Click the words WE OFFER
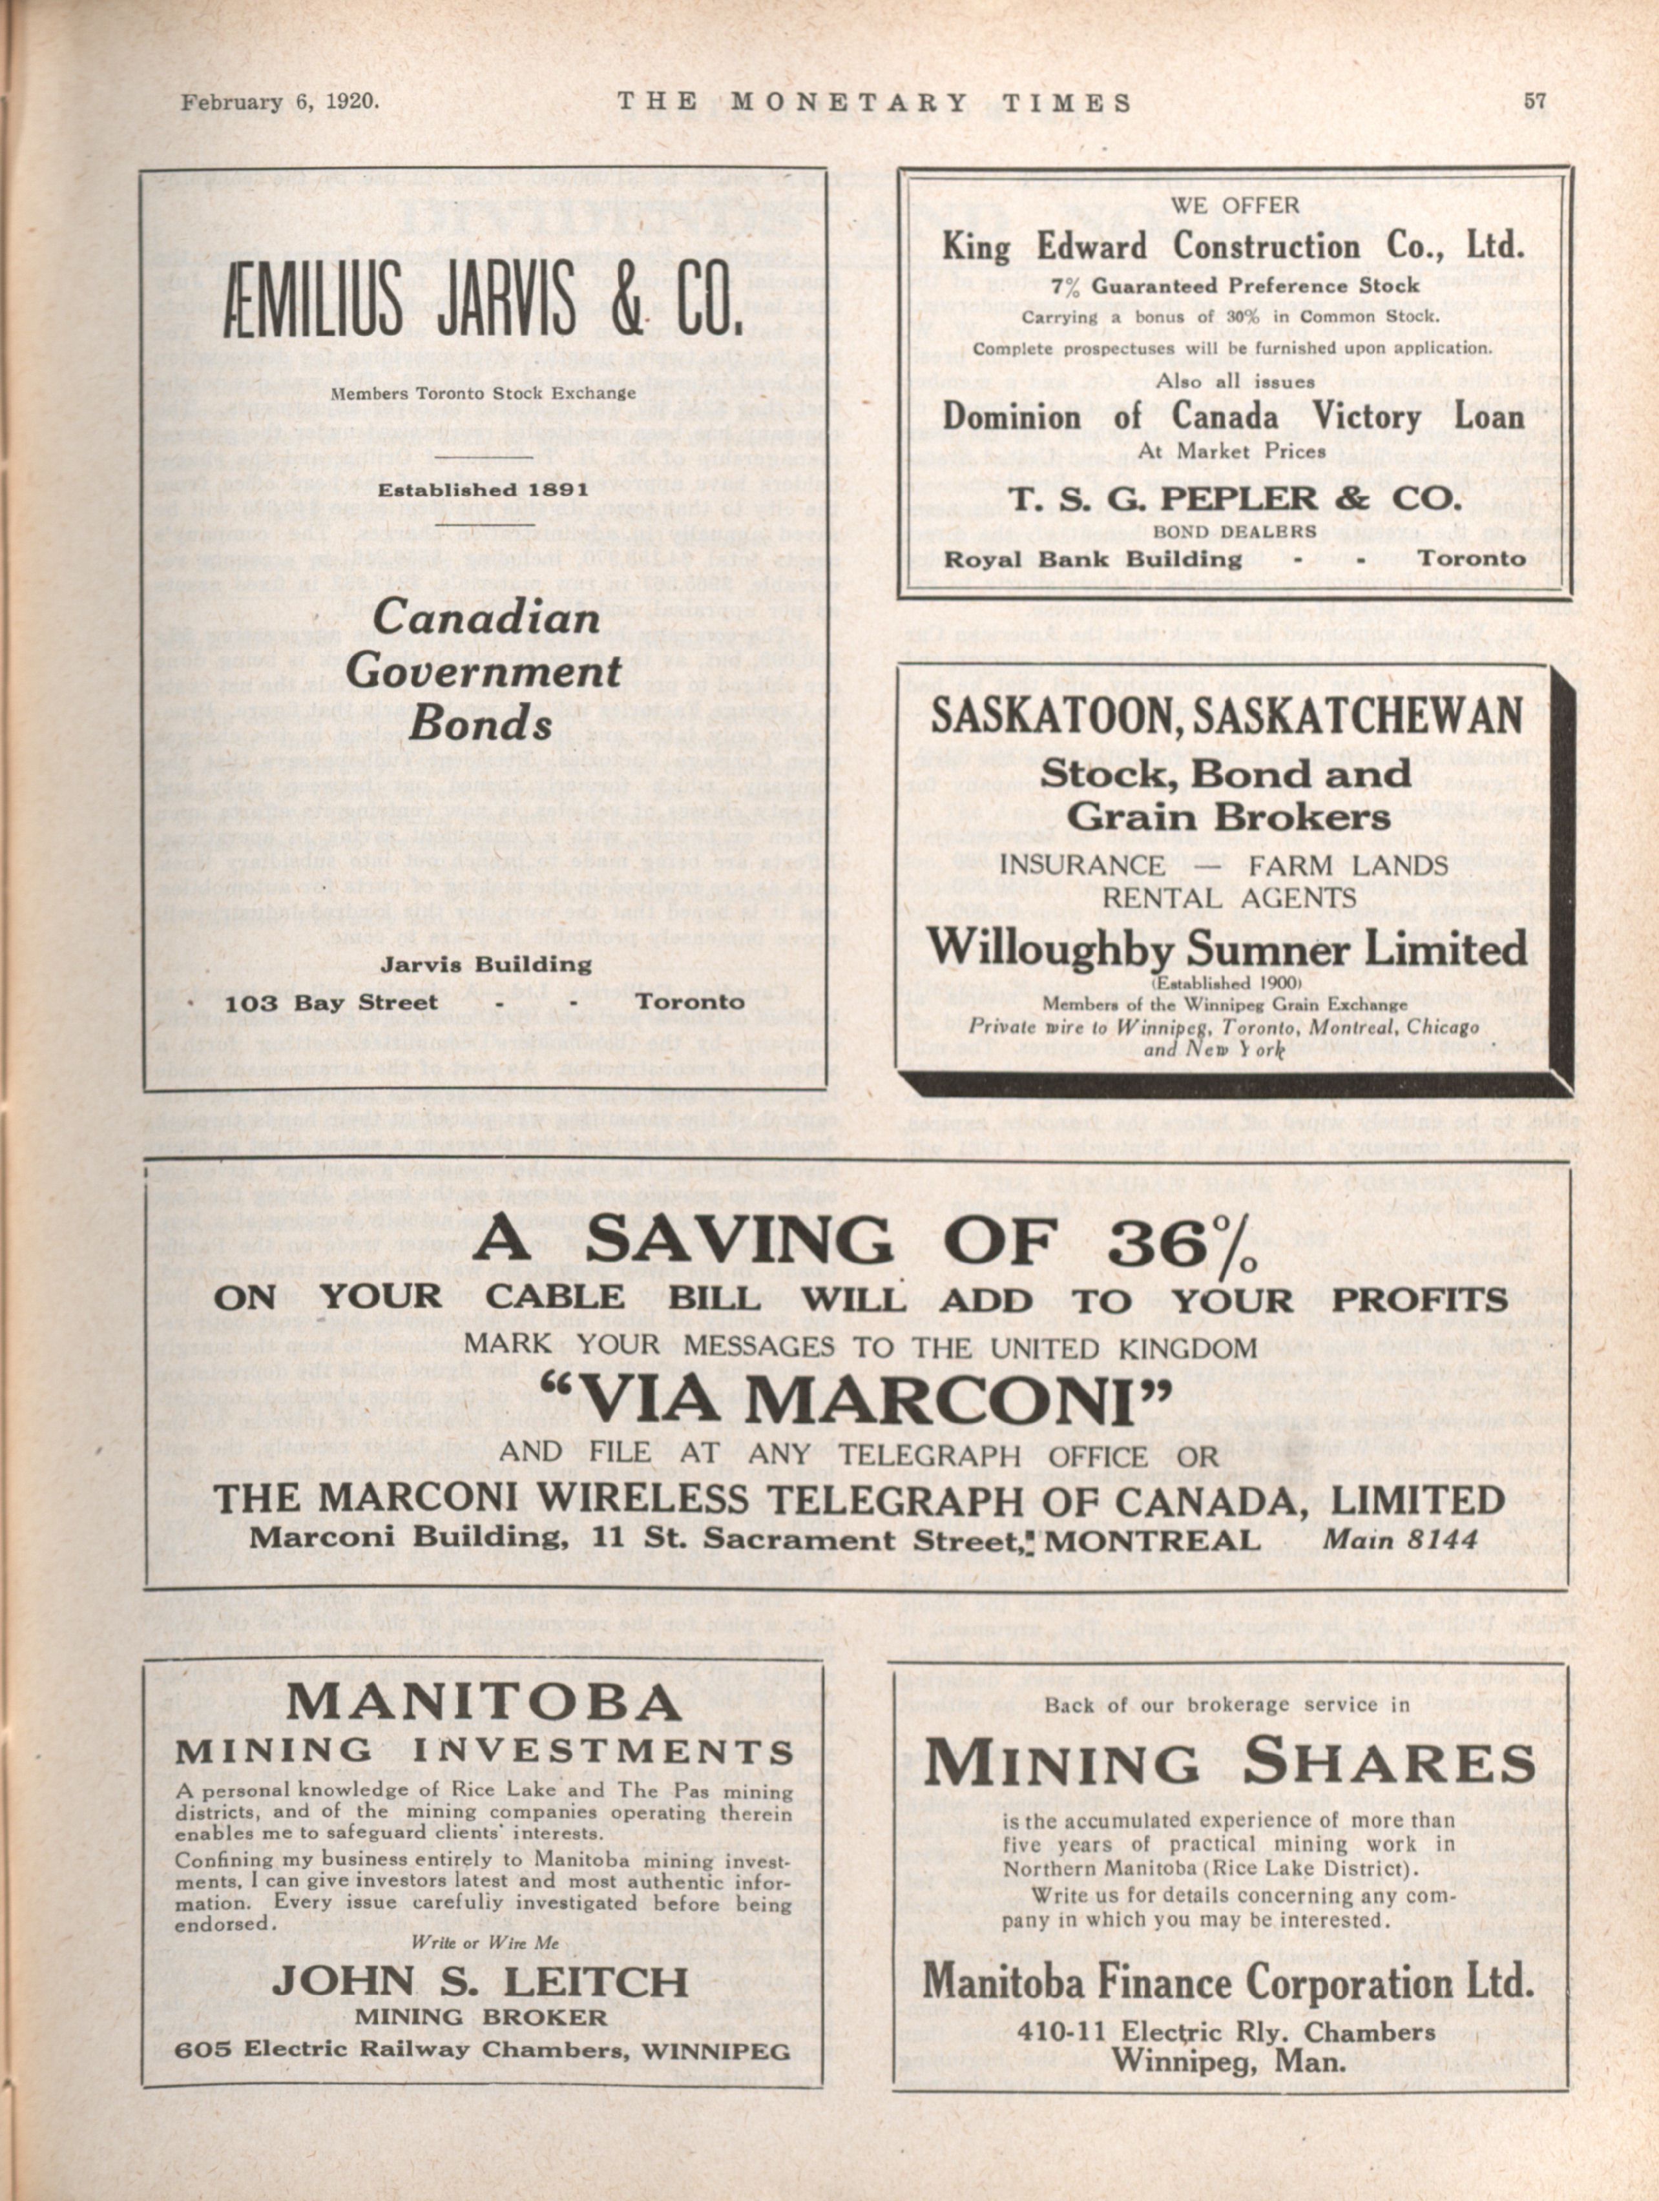tap(1233, 206)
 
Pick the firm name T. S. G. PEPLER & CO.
tap(1233, 499)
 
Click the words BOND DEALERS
tap(1233, 532)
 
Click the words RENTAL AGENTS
tap(1226, 898)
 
